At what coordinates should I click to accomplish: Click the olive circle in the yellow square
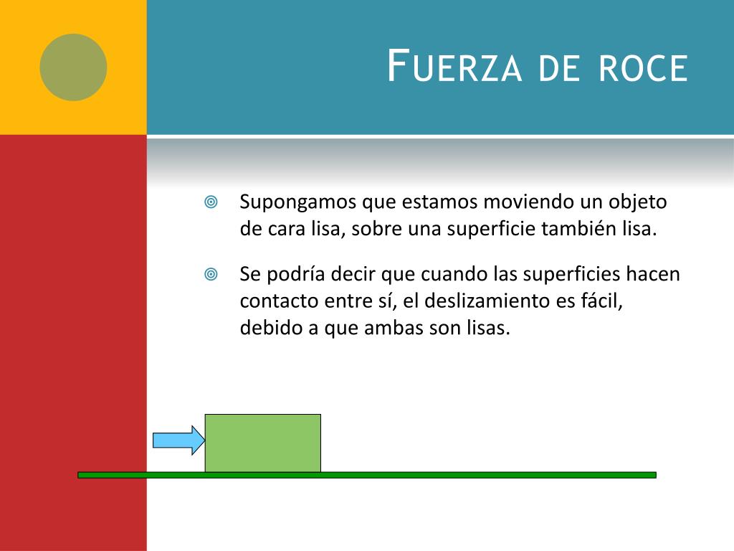coord(73,67)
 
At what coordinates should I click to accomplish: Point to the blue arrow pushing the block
coord(178,440)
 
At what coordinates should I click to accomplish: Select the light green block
coord(263,443)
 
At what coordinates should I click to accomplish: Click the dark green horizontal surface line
coord(430,475)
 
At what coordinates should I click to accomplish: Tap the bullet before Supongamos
coord(211,202)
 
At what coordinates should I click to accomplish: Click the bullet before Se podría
coord(211,274)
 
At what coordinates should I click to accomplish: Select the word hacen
coord(653,274)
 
